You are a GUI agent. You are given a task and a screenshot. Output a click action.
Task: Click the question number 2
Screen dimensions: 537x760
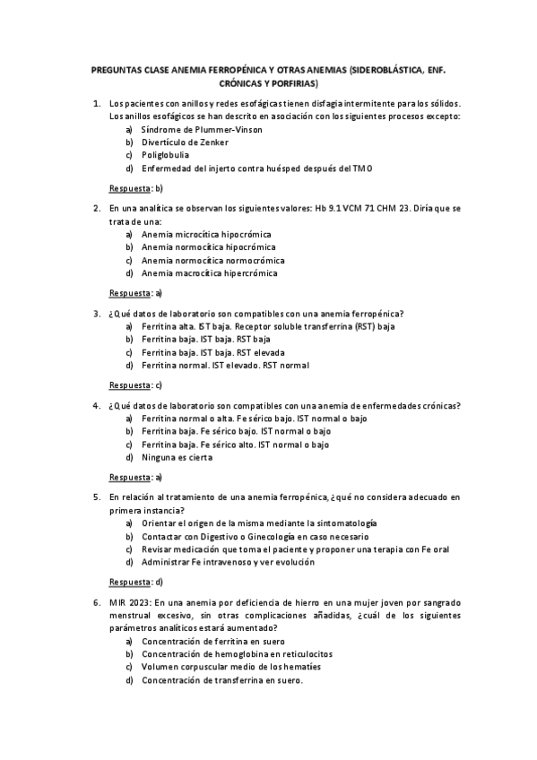(97, 208)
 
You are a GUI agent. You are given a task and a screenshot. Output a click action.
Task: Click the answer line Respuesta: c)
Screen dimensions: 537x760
(135, 385)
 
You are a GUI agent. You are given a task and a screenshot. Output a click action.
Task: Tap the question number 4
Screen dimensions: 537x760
(97, 406)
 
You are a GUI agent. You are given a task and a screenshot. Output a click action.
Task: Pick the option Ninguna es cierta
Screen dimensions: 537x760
(178, 457)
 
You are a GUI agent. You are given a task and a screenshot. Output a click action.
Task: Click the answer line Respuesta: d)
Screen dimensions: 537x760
(135, 582)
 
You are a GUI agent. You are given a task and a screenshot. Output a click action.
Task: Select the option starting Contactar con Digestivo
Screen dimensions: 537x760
(248, 535)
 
